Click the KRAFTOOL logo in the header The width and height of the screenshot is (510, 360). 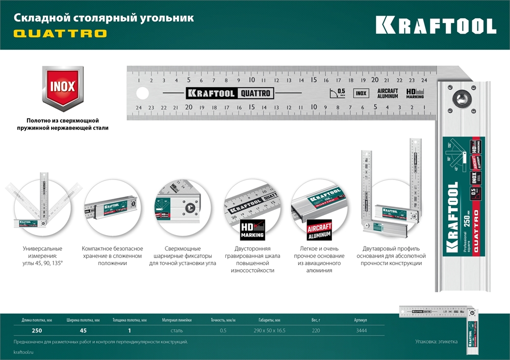[x=436, y=25]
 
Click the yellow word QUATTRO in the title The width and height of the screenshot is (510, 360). [x=60, y=34]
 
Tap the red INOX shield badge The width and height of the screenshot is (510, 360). [x=62, y=87]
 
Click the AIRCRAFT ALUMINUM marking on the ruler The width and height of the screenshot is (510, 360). [x=388, y=93]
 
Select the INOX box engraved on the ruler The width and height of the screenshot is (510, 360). [x=361, y=93]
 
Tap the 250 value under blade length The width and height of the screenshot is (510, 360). [x=30, y=331]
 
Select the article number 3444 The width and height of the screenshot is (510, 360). [x=361, y=331]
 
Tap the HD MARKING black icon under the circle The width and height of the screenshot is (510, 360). [x=252, y=230]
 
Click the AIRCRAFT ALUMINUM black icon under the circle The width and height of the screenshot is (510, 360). [x=319, y=230]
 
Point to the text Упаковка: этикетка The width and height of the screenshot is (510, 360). [x=436, y=342]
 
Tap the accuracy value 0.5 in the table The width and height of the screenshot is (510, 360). [x=223, y=331]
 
